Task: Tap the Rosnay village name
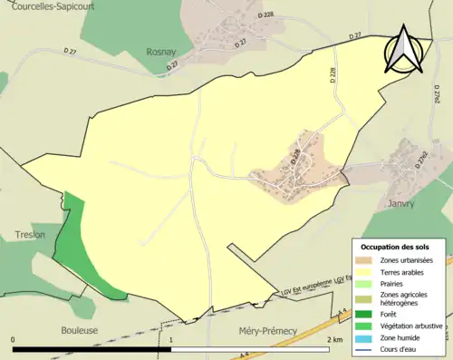(x=162, y=53)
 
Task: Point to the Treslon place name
(x=30, y=235)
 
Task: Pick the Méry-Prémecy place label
(x=267, y=332)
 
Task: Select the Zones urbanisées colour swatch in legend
(x=365, y=261)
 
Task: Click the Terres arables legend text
(x=404, y=272)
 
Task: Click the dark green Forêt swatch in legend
(x=365, y=314)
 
